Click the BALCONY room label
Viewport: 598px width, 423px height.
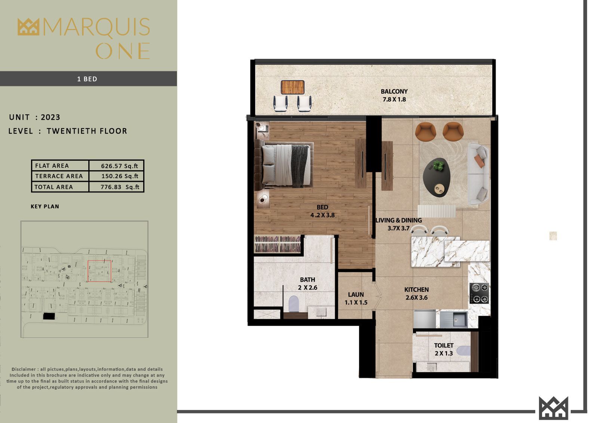(x=394, y=91)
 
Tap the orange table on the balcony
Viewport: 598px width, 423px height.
(x=293, y=87)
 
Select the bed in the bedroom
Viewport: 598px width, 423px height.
(x=284, y=165)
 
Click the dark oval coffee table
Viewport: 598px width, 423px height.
(x=437, y=177)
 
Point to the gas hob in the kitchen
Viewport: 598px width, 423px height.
(x=480, y=293)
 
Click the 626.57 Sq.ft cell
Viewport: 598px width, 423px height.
(x=119, y=166)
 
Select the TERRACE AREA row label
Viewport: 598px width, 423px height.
(x=59, y=176)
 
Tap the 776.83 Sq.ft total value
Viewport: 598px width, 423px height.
(x=120, y=187)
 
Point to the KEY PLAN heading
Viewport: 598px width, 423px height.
(x=45, y=206)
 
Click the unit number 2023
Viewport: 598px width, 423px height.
(x=50, y=117)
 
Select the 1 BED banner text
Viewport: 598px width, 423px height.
(x=87, y=79)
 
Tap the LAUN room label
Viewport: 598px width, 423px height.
(x=356, y=294)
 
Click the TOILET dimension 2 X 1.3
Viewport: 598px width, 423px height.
(x=444, y=353)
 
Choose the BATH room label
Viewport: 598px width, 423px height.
(x=308, y=280)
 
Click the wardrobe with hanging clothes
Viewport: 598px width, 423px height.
(x=278, y=244)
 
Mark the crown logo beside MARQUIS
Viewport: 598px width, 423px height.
(x=28, y=27)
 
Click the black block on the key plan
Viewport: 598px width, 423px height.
(x=49, y=316)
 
